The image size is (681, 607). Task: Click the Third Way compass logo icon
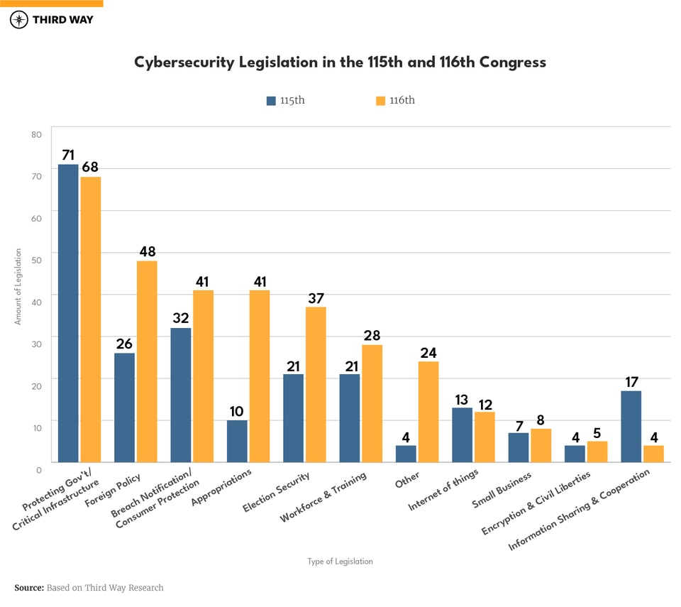click(x=19, y=20)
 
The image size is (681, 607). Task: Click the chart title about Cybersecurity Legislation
click(x=340, y=62)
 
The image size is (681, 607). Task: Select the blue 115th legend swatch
click(x=271, y=101)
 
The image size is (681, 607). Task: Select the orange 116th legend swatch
click(x=380, y=101)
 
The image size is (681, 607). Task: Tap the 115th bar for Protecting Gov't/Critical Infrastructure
click(x=68, y=312)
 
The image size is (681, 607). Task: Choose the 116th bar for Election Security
click(x=316, y=383)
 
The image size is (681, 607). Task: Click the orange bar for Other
click(x=428, y=411)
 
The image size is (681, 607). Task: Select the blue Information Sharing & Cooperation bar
click(x=631, y=426)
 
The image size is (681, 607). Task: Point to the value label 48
click(x=148, y=251)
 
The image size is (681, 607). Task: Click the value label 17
click(x=631, y=381)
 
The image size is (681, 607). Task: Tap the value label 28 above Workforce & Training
click(x=372, y=335)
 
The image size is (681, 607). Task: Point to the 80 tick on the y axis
click(x=37, y=134)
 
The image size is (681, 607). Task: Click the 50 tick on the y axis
click(x=37, y=260)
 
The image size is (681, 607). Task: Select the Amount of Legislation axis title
click(x=18, y=286)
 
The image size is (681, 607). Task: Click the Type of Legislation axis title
click(x=340, y=562)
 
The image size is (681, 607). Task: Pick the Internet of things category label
click(x=444, y=490)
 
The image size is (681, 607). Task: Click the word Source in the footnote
click(x=28, y=588)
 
